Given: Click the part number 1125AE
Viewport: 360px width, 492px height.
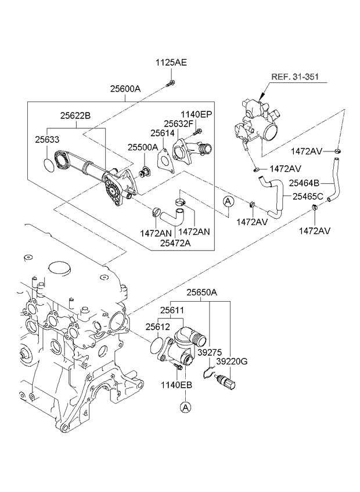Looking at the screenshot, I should [171, 62].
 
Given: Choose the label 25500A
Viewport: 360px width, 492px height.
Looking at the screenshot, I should [143, 147].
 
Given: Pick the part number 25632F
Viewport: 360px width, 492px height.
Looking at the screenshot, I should [178, 123].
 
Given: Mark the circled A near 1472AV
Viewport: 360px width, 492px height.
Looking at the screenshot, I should [228, 201].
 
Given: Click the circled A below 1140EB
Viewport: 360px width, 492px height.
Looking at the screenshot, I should [185, 408].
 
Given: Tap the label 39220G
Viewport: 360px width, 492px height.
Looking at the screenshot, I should [232, 361].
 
